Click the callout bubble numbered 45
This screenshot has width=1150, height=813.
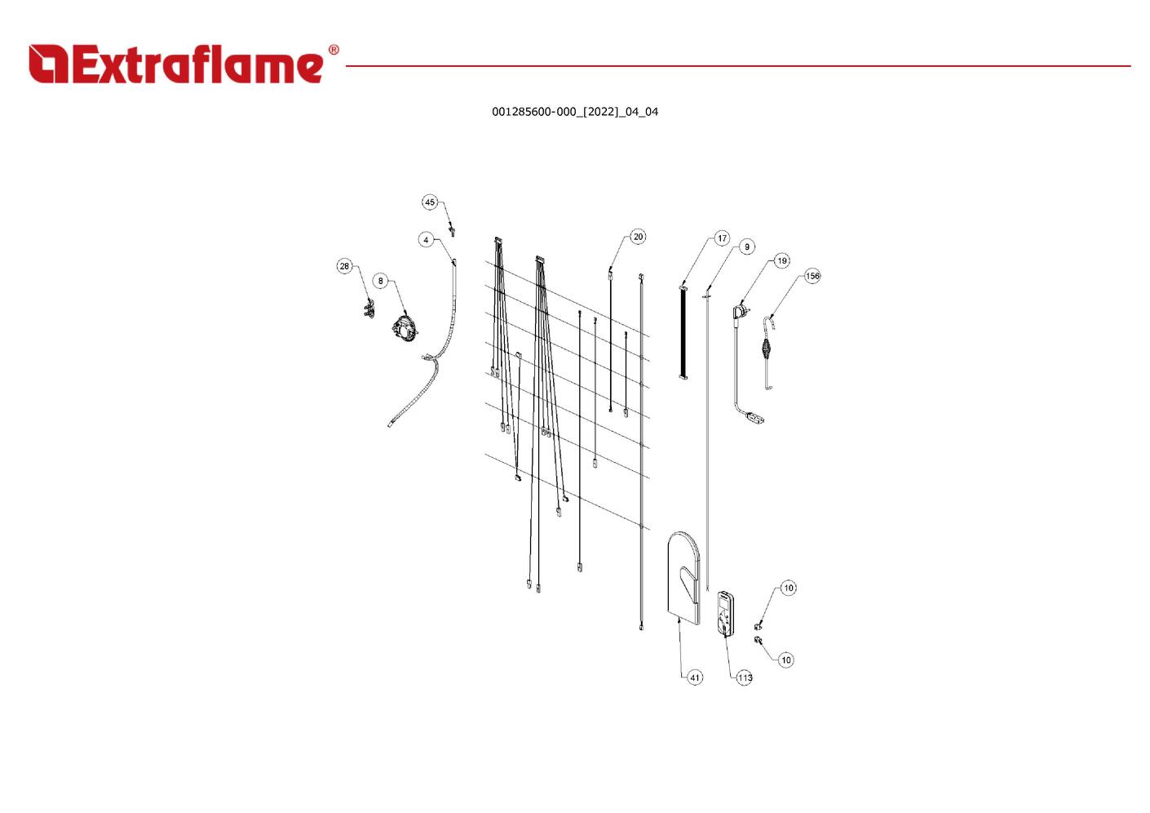pyautogui.click(x=430, y=202)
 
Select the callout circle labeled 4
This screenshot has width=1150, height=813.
pyautogui.click(x=426, y=240)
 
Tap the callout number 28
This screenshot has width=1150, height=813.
pyautogui.click(x=344, y=266)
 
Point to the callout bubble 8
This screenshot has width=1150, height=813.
pyautogui.click(x=380, y=281)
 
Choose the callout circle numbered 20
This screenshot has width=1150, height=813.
pyautogui.click(x=638, y=237)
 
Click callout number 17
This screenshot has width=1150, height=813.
pyautogui.click(x=722, y=238)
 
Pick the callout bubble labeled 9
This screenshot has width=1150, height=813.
pyautogui.click(x=747, y=247)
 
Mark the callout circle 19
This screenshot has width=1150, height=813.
pyautogui.click(x=782, y=261)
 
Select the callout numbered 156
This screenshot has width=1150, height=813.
pyautogui.click(x=812, y=276)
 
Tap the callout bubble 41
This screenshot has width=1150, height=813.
pyautogui.click(x=695, y=677)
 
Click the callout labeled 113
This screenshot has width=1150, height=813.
pyautogui.click(x=745, y=677)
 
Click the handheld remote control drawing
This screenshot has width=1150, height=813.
pyautogui.click(x=725, y=613)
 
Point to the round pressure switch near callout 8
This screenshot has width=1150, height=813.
pyautogui.click(x=404, y=329)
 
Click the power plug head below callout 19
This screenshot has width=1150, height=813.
pyautogui.click(x=741, y=312)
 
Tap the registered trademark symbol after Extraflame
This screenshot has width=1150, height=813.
pyautogui.click(x=333, y=51)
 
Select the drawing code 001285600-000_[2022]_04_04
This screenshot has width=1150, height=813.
pyautogui.click(x=575, y=112)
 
